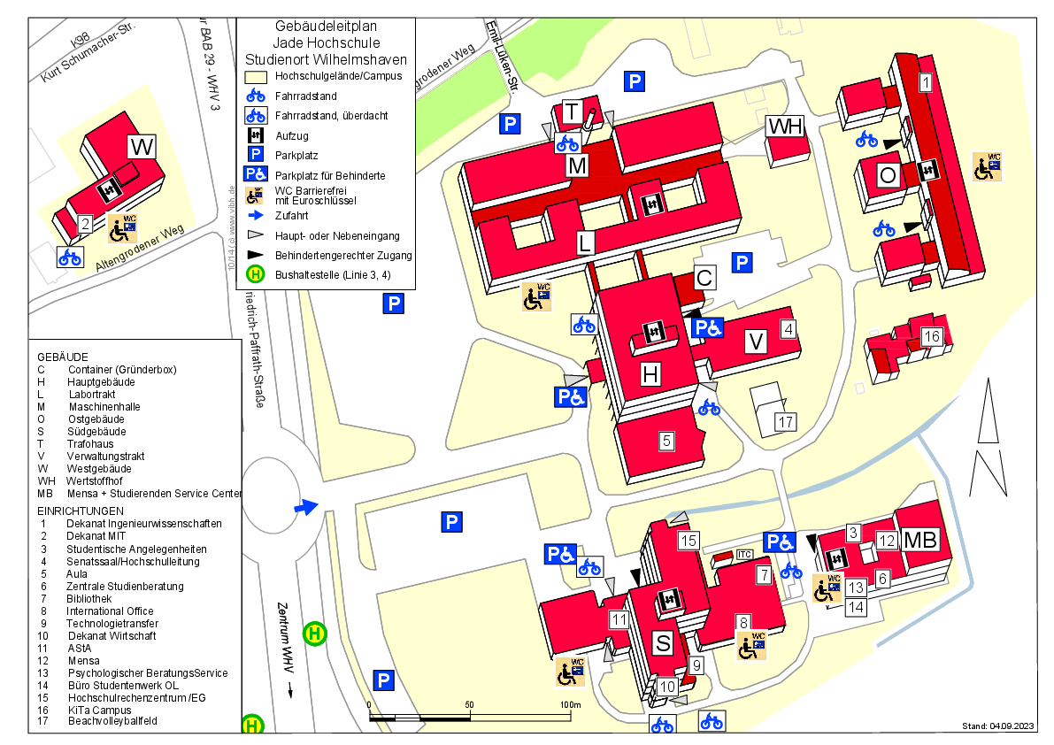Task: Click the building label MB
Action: (919, 539)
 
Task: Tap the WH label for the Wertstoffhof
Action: (784, 127)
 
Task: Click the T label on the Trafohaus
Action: (572, 112)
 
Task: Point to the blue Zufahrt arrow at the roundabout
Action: (305, 507)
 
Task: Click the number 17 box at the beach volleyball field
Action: (785, 422)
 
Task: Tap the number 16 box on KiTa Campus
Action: (930, 337)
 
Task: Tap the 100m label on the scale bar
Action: (569, 704)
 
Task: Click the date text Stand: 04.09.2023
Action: (997, 726)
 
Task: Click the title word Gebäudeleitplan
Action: (326, 27)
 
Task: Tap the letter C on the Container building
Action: (704, 277)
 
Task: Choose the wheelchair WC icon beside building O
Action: (987, 166)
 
